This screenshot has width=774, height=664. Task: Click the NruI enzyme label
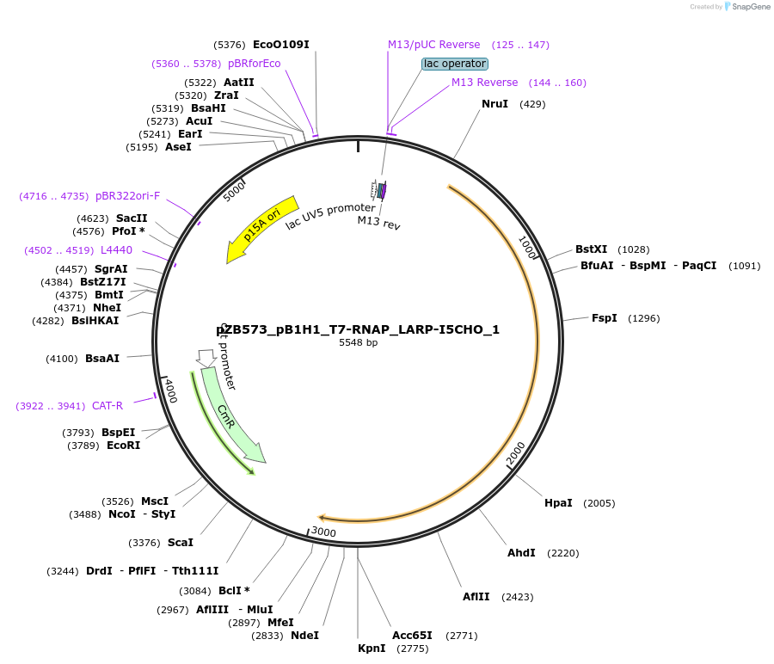[x=494, y=104]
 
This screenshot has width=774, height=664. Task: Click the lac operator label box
[x=454, y=64]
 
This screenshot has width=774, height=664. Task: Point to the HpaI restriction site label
[x=558, y=503]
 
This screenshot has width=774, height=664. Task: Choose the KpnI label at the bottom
[x=372, y=649]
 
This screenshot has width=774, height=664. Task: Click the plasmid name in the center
[x=358, y=329]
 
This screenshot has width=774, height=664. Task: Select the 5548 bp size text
[x=358, y=343]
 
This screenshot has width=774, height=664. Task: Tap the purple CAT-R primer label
[x=107, y=406]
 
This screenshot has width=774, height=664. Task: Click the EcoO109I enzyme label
[x=280, y=44]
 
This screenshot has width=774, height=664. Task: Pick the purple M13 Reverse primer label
[x=485, y=83]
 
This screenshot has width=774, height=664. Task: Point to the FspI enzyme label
[x=605, y=318]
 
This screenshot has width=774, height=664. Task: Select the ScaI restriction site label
[x=181, y=543]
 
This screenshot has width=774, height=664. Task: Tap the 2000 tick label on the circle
[x=516, y=452]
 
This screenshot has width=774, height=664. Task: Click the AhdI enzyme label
[x=521, y=553]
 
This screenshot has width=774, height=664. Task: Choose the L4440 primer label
[x=116, y=250]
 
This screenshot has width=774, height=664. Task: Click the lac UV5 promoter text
[x=330, y=215]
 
